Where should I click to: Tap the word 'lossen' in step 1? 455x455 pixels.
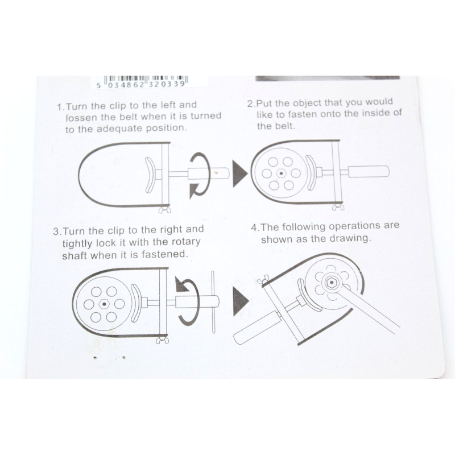click(x=81, y=118)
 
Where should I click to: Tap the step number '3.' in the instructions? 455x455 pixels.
click(x=57, y=231)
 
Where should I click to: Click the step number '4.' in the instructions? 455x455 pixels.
click(x=255, y=227)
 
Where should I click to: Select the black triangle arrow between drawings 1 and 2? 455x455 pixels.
click(x=239, y=173)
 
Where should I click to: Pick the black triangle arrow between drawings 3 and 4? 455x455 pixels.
click(x=240, y=301)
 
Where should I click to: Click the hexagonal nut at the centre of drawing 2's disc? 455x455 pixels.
click(x=281, y=173)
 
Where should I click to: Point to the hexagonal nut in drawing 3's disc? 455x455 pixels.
click(x=104, y=304)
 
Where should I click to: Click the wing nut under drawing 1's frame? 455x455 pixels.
click(x=164, y=209)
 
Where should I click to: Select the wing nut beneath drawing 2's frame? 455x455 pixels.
click(x=338, y=206)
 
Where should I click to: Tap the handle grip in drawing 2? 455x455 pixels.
click(x=369, y=171)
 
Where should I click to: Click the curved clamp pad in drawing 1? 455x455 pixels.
click(x=150, y=175)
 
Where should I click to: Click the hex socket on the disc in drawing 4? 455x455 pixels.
click(x=330, y=283)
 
